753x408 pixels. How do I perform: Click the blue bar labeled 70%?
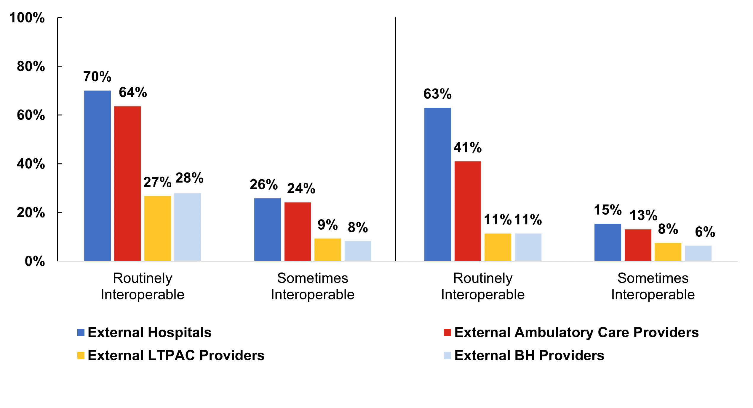[x=97, y=175]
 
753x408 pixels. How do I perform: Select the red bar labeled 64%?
[x=127, y=183]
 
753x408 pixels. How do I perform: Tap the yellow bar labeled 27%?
[x=157, y=228]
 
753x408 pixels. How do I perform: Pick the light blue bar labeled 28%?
[x=187, y=227]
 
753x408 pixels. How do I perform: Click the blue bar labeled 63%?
[x=437, y=184]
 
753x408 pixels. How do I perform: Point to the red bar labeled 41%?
[x=468, y=211]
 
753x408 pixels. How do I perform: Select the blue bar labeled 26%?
[x=267, y=229]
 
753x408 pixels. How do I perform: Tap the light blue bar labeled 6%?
[x=698, y=253]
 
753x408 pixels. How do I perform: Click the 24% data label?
[x=301, y=188]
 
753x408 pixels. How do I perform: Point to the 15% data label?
[x=607, y=210]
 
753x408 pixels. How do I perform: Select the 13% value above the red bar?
[x=643, y=215]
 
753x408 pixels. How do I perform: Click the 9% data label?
[x=327, y=225]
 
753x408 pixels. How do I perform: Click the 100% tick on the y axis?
[x=27, y=18]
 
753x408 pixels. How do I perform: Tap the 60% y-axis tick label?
[x=31, y=115]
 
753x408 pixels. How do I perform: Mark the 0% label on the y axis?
[x=35, y=261]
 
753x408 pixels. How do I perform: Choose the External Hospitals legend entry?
[x=144, y=332]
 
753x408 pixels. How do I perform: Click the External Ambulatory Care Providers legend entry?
[x=571, y=332]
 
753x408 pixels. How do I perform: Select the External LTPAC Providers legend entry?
[x=171, y=355]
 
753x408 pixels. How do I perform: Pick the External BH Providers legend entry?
[x=524, y=355]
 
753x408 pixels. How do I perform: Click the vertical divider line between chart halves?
[x=395, y=139]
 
